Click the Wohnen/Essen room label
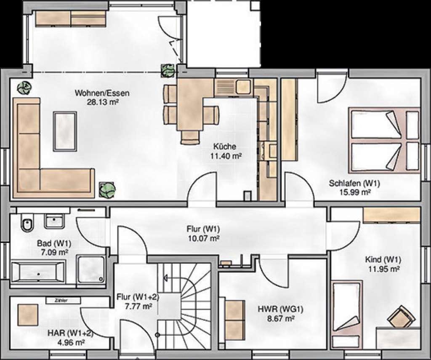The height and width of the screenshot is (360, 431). [102, 93]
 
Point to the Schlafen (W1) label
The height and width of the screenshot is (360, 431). [354, 183]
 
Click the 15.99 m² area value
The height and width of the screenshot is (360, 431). [355, 192]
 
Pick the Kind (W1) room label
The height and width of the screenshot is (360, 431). [383, 259]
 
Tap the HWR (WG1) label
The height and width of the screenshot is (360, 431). [280, 309]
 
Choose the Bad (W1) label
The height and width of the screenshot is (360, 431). [54, 243]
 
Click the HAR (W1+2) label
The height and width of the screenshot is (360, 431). [70, 333]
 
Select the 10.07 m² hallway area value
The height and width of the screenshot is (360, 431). [203, 238]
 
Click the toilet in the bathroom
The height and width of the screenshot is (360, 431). [27, 222]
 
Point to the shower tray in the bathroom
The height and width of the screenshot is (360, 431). [91, 269]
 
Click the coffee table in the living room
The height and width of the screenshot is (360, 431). [65, 131]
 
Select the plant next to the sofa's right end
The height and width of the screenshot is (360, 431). [107, 190]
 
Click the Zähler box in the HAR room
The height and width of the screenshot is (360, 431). [63, 300]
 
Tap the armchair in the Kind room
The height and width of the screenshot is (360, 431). [401, 318]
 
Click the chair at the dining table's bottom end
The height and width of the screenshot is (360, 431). [190, 137]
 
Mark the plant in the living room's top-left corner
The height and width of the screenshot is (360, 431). [24, 88]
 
